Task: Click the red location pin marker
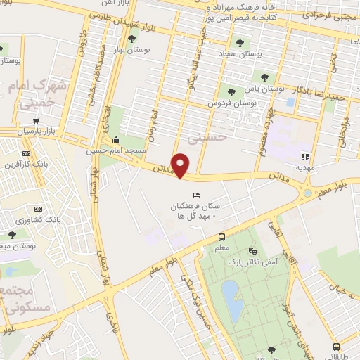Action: (181, 165)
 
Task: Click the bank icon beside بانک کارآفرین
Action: (27, 154)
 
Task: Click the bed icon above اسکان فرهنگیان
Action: (195, 195)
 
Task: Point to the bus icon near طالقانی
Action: (336, 346)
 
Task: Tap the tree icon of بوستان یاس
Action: (264, 77)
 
